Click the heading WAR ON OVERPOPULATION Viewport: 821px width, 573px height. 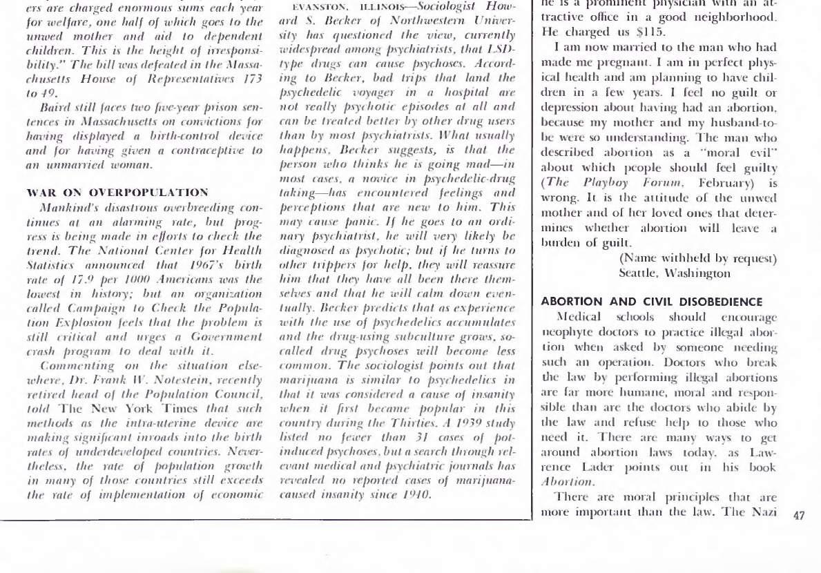pos(117,192)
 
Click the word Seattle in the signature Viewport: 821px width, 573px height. pos(640,273)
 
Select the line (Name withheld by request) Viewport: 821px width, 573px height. pos(698,259)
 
